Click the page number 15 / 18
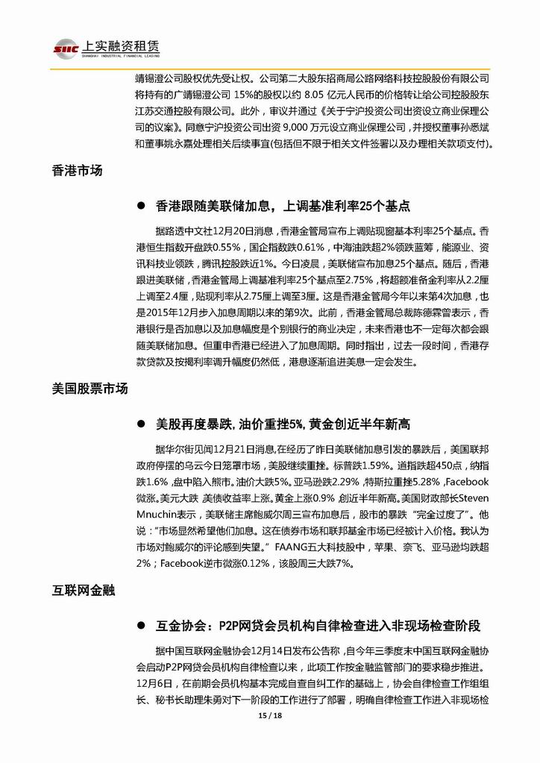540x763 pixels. coord(269,715)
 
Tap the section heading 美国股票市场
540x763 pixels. coord(90,389)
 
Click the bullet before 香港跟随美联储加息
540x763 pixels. coord(139,205)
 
